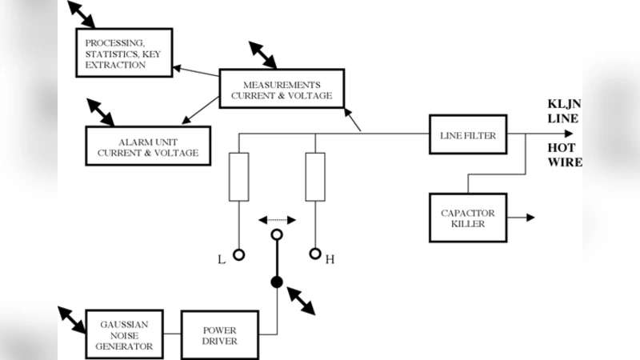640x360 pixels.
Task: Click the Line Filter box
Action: point(468,135)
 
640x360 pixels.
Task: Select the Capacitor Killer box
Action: point(468,218)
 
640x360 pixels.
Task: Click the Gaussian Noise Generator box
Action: point(124,334)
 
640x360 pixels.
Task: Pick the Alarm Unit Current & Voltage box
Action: point(148,146)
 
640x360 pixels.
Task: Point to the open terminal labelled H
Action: point(315,256)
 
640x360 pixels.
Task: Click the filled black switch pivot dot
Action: point(277,282)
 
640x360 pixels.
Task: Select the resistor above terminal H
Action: point(315,176)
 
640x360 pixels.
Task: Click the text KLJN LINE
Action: point(563,111)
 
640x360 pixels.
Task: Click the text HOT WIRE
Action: point(564,155)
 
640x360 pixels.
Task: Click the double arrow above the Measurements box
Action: point(262,55)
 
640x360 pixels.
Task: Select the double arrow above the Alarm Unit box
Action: point(100,112)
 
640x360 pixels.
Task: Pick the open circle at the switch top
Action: point(277,235)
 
